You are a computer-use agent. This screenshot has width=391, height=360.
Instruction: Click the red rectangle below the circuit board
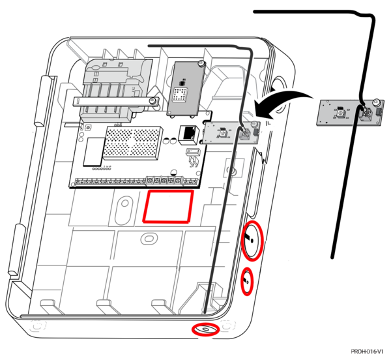[168, 206]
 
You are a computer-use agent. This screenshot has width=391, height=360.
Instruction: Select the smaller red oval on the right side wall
[247, 282]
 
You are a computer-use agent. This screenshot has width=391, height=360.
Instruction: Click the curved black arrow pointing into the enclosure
[280, 101]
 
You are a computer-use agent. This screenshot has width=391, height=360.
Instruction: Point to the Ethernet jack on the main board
[189, 132]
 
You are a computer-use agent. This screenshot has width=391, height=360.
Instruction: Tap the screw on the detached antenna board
[377, 102]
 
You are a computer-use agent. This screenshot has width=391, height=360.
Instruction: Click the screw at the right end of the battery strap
[154, 100]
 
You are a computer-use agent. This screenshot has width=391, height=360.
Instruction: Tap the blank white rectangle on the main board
[93, 151]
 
